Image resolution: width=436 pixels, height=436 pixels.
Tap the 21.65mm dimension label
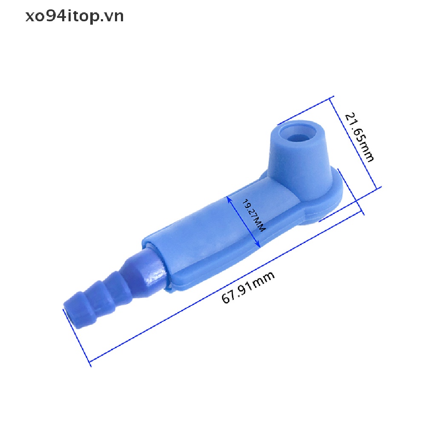point(359,137)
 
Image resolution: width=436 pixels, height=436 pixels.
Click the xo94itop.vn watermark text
point(75,16)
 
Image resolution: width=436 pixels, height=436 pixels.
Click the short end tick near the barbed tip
point(77,336)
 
